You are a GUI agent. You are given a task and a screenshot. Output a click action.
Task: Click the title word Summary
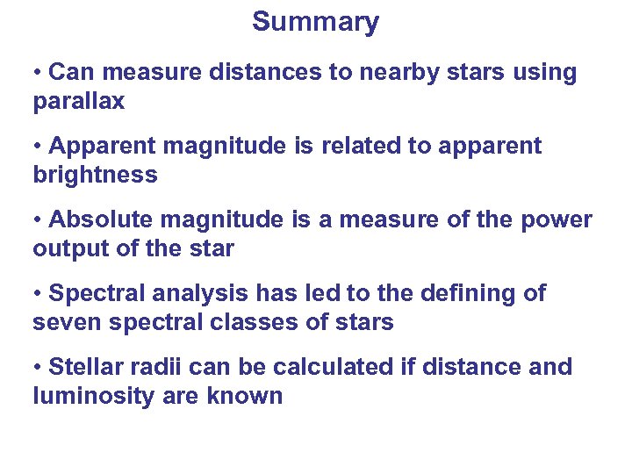tap(315, 22)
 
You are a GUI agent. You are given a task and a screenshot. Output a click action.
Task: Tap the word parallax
tap(78, 102)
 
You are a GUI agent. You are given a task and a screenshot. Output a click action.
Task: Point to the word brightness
tap(95, 175)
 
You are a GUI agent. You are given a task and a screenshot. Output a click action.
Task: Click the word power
tap(557, 219)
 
